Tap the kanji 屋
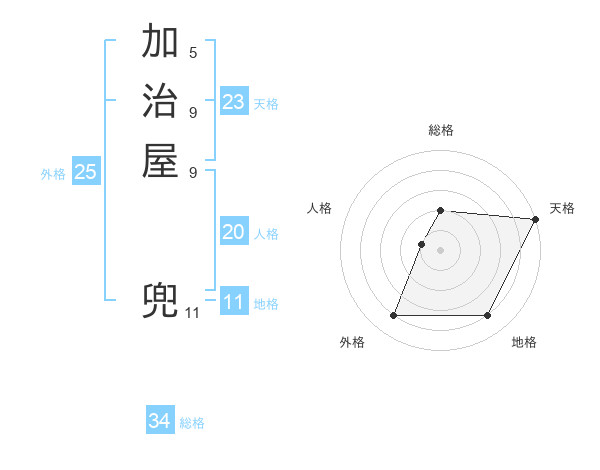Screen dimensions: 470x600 (160, 162)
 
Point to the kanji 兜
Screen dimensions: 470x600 (160, 301)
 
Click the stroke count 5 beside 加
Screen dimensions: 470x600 (193, 51)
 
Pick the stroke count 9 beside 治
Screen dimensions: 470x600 (193, 111)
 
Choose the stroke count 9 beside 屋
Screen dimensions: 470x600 (193, 171)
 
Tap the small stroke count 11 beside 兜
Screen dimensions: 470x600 (192, 313)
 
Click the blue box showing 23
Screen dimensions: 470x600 (234, 102)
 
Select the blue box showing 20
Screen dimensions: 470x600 (234, 232)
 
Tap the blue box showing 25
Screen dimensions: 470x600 (86, 172)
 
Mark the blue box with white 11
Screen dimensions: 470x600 (234, 302)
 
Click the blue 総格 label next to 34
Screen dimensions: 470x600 (192, 423)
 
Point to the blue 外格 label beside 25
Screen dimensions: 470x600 (53, 174)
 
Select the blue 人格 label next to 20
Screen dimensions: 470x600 (266, 234)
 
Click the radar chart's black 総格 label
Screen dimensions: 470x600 (441, 130)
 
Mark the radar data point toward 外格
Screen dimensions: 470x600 (393, 316)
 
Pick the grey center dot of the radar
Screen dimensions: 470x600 (441, 250)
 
